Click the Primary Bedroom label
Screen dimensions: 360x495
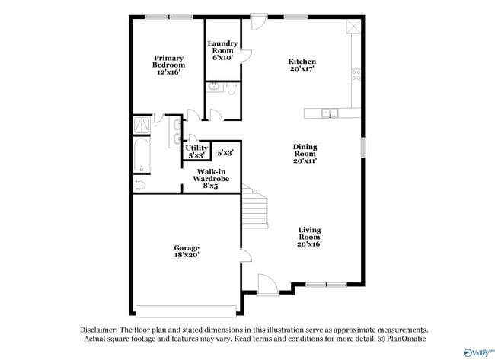click(x=168, y=65)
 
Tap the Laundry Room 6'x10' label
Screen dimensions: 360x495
click(x=222, y=50)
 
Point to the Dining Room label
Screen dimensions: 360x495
click(x=305, y=154)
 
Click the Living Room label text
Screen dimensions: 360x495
click(x=309, y=237)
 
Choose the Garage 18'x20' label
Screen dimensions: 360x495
click(x=187, y=252)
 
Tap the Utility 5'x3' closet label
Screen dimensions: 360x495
click(x=196, y=151)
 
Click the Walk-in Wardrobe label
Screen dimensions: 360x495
click(x=210, y=179)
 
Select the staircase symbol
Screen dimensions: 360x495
click(x=257, y=205)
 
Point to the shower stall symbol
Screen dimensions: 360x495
click(x=142, y=125)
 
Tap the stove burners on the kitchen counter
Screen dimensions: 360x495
click(x=355, y=74)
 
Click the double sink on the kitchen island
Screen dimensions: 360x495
click(x=330, y=113)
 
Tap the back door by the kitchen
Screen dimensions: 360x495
click(x=257, y=21)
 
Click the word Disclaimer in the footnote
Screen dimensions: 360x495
click(x=98, y=330)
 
